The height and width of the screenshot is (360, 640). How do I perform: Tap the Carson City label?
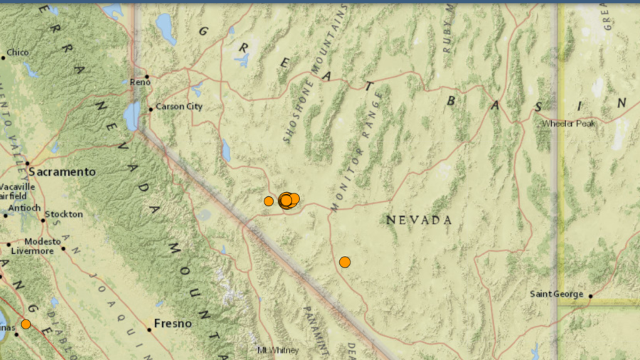(178, 107)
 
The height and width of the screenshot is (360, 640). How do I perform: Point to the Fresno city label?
(174, 324)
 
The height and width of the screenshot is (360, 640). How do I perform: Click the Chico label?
(18, 53)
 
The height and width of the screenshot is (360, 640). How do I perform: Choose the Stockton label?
(65, 214)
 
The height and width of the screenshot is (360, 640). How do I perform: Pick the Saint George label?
(557, 295)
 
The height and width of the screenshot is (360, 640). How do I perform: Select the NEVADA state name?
(419, 221)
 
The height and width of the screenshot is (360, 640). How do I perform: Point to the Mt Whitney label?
(278, 350)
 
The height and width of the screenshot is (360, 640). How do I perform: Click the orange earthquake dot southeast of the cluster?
(345, 262)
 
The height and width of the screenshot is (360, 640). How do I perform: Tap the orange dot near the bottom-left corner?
(26, 324)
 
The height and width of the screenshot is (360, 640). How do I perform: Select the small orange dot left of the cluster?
(269, 201)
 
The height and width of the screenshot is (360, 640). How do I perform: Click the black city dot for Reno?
(147, 77)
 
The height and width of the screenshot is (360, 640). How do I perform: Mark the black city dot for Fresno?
(149, 329)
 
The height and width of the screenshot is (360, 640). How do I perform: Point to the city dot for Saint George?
(591, 296)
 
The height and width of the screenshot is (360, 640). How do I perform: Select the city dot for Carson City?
(151, 110)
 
